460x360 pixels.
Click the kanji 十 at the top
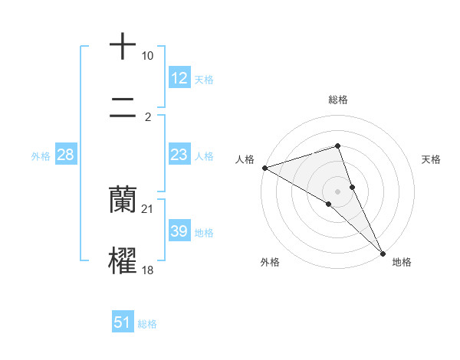click(123, 47)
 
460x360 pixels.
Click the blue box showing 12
click(179, 78)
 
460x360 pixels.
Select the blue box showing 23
click(179, 155)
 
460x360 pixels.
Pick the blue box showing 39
click(179, 231)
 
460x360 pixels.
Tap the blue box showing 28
click(66, 155)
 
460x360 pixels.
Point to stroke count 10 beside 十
click(147, 57)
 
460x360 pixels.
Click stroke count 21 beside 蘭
click(148, 209)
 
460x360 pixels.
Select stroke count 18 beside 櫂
click(148, 270)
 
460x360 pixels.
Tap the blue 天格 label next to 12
click(204, 80)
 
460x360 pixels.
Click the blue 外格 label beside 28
click(41, 156)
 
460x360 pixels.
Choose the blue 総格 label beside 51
click(147, 324)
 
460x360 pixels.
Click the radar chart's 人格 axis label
click(245, 159)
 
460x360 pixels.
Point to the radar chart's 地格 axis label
click(402, 262)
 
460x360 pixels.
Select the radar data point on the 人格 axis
click(264, 168)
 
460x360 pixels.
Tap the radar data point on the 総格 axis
click(337, 146)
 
